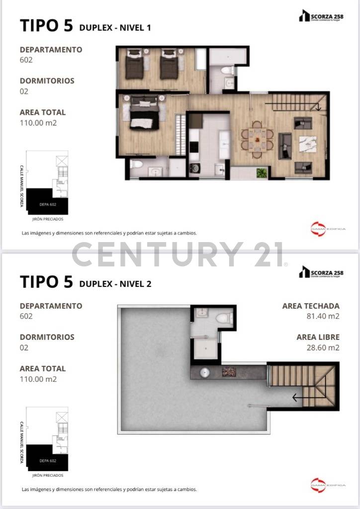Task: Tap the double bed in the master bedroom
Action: [x=144, y=113]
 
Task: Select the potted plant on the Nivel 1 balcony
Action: [x=261, y=173]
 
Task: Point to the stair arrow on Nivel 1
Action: [x=317, y=106]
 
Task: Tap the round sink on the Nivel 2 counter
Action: [x=204, y=372]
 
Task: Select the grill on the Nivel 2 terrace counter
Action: [x=229, y=372]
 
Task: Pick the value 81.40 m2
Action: [x=323, y=316]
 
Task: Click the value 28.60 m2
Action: [x=323, y=347]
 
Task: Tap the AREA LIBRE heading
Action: [x=318, y=337]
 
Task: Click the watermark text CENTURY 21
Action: [x=179, y=254]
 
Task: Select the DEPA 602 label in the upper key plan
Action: [x=47, y=204]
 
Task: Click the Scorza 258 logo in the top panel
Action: [x=320, y=17]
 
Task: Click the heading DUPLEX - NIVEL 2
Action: [x=115, y=284]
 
